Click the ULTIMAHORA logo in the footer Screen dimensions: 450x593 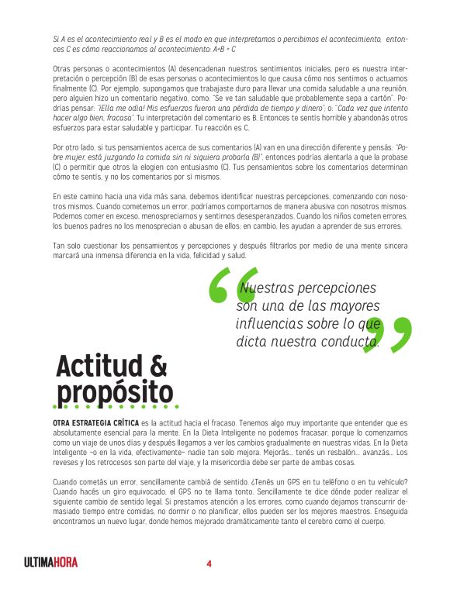[x=50, y=563]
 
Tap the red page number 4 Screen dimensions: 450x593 [x=209, y=563]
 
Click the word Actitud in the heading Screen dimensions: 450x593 [x=100, y=364]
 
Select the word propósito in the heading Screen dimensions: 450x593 [x=115, y=390]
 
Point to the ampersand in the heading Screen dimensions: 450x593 [x=157, y=364]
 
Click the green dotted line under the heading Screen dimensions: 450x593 [x=115, y=406]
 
